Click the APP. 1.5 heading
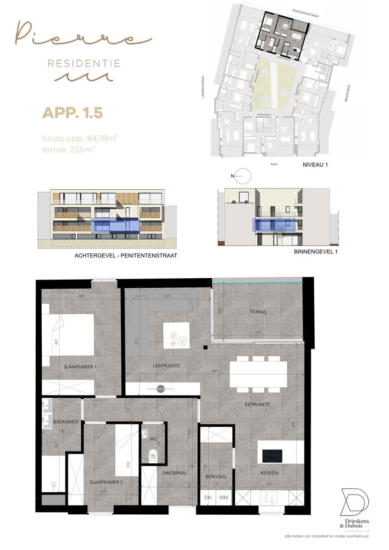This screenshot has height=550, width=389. click(72, 112)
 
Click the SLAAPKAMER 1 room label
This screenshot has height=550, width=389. click(81, 367)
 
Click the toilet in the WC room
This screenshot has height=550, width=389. click(153, 454)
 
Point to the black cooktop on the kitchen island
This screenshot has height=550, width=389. click(272, 456)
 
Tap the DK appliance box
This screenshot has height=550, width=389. click(208, 497)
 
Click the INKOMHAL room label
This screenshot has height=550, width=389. click(174, 473)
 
